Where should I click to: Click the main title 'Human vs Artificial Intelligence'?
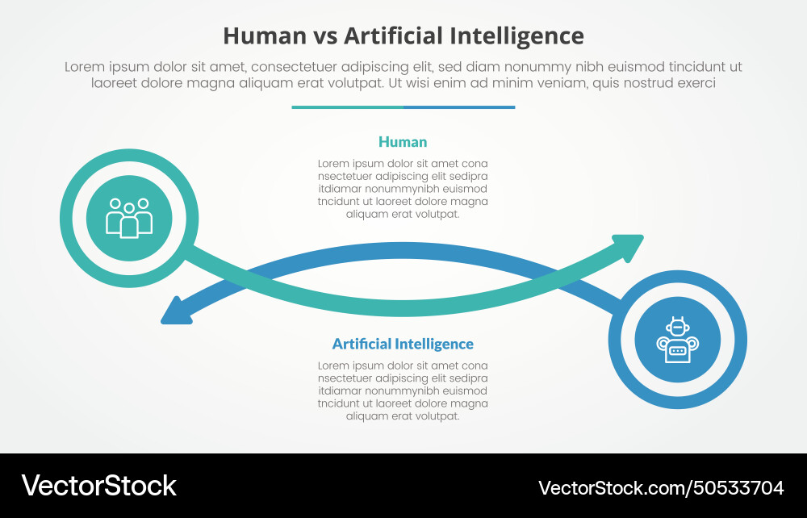click(x=403, y=36)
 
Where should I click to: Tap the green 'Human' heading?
click(x=403, y=142)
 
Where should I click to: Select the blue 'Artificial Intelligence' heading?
click(x=403, y=344)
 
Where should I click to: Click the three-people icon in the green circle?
click(x=129, y=218)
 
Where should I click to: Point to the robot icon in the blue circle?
click(x=677, y=340)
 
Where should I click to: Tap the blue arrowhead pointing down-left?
click(x=176, y=313)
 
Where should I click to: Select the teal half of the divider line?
click(x=347, y=107)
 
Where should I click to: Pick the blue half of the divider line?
click(x=459, y=107)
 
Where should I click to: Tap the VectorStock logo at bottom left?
click(x=98, y=485)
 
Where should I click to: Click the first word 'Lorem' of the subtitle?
click(x=84, y=67)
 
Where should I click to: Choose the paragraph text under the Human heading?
click(x=403, y=189)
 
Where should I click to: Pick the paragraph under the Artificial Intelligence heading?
click(x=403, y=391)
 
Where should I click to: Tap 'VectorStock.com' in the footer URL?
click(x=613, y=487)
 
